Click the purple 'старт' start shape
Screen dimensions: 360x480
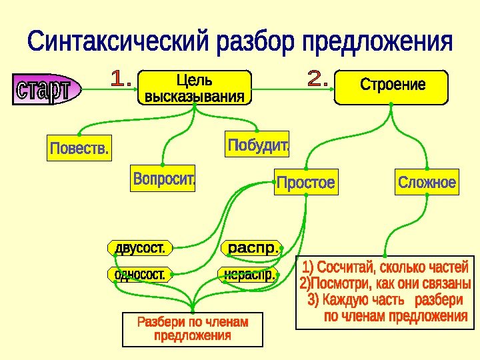pos(45,90)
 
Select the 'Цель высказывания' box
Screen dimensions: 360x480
pos(195,88)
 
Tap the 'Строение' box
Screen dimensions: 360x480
pos(392,87)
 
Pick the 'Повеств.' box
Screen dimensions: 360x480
pos(79,148)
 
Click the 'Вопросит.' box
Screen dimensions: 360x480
pos(164,179)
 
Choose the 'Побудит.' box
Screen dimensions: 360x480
pos(258,145)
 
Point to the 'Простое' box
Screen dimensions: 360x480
pos(305,183)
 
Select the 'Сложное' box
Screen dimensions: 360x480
pos(427,182)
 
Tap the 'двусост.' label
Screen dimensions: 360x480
pos(140,249)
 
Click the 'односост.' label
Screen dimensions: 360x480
pos(140,274)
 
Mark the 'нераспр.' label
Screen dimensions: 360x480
pos(249,273)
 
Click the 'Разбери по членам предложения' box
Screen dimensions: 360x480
pos(192,329)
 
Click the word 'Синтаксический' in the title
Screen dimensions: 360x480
pos(119,44)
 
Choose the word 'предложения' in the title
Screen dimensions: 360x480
pos(377,44)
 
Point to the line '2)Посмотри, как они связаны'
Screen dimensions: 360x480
pos(385,284)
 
